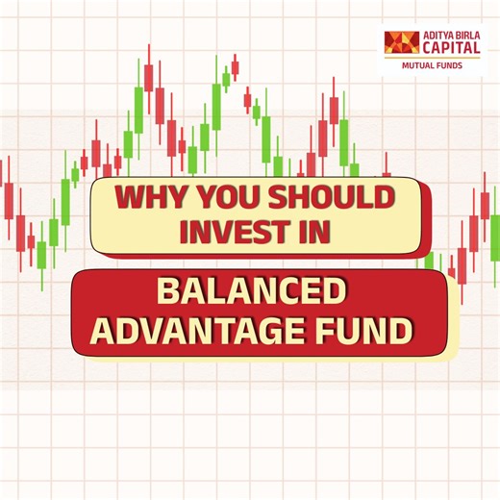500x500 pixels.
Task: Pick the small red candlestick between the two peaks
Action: click(247, 98)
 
